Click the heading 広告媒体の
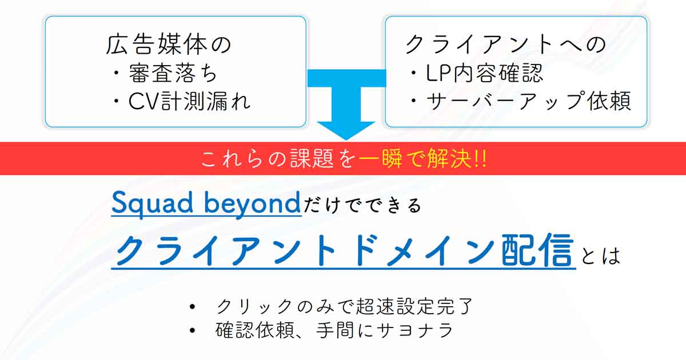[169, 45]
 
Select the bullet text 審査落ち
[173, 74]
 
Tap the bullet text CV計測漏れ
[190, 101]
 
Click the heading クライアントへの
[505, 45]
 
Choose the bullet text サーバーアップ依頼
[529, 101]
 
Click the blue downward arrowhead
[346, 131]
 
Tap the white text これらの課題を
[278, 159]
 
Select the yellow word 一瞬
[380, 159]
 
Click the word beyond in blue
[252, 203]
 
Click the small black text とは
[601, 255]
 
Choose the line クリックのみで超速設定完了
[345, 306]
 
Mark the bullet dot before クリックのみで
[192, 306]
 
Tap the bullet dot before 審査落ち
[116, 74]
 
